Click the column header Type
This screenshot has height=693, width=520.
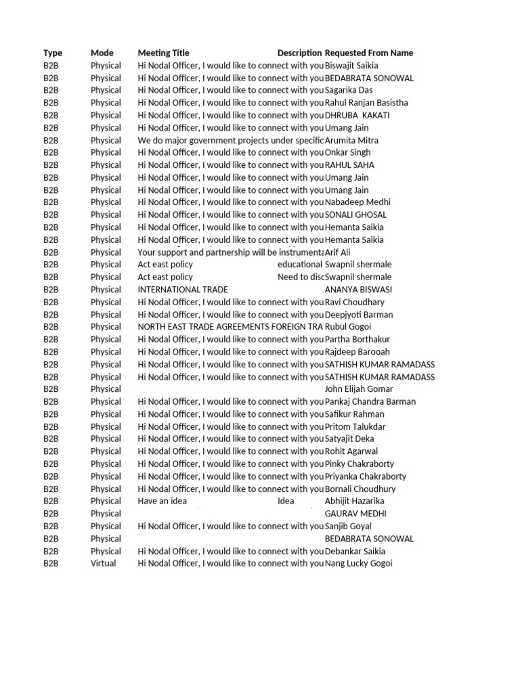click(x=53, y=53)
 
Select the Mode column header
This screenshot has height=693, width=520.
click(x=102, y=53)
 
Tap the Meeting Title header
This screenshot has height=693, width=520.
click(x=164, y=53)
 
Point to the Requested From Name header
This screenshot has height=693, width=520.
click(x=369, y=53)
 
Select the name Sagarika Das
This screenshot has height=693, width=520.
click(x=349, y=90)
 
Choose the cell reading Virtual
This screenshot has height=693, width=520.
click(x=104, y=563)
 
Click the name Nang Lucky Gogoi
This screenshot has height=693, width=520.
click(x=359, y=563)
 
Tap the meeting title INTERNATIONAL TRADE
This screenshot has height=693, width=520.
click(x=183, y=290)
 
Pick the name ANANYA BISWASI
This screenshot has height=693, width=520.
click(x=358, y=290)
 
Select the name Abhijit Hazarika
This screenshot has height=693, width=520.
click(x=355, y=501)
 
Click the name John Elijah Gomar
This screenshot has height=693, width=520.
click(x=359, y=389)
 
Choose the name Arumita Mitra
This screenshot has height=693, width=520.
click(x=352, y=140)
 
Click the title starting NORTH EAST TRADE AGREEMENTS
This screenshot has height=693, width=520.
click(x=230, y=327)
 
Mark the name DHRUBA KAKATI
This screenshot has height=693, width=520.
click(x=357, y=115)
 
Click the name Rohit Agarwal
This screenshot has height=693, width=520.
click(x=351, y=451)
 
